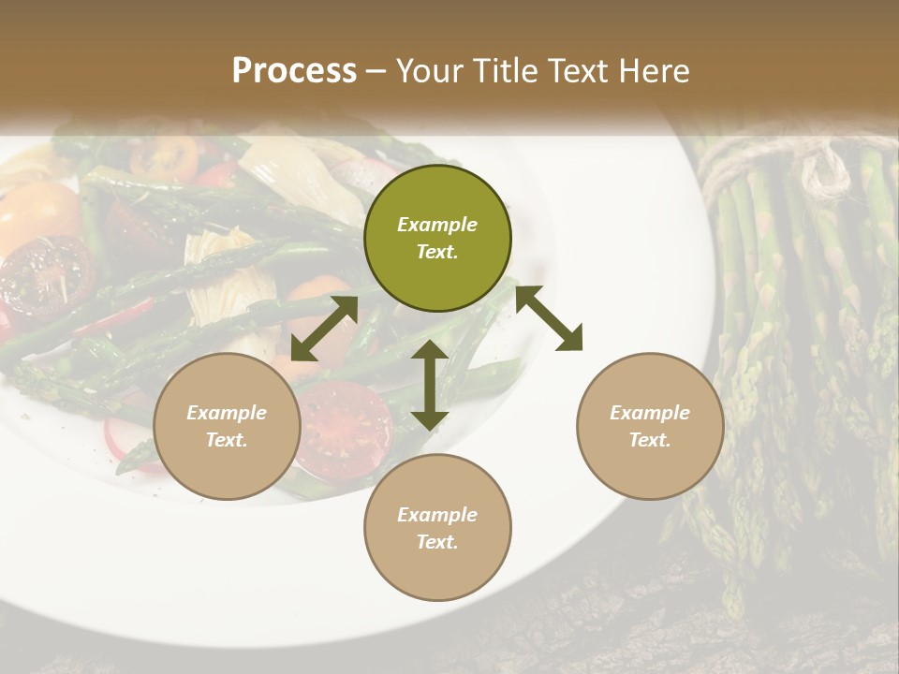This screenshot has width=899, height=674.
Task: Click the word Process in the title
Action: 294,71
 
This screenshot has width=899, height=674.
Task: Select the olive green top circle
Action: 437,238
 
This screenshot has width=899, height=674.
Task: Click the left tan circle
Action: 227,426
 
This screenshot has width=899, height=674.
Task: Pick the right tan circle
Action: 650,426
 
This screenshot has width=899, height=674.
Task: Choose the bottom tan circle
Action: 437,528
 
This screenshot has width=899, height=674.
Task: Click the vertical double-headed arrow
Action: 430,385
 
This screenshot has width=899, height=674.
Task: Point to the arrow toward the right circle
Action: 549,318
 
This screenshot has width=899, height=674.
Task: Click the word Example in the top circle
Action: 437,225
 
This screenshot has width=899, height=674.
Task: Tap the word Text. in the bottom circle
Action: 437,542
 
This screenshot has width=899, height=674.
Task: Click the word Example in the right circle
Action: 650,413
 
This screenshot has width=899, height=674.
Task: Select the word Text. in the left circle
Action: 227,440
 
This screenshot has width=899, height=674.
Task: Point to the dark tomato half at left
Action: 47,276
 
